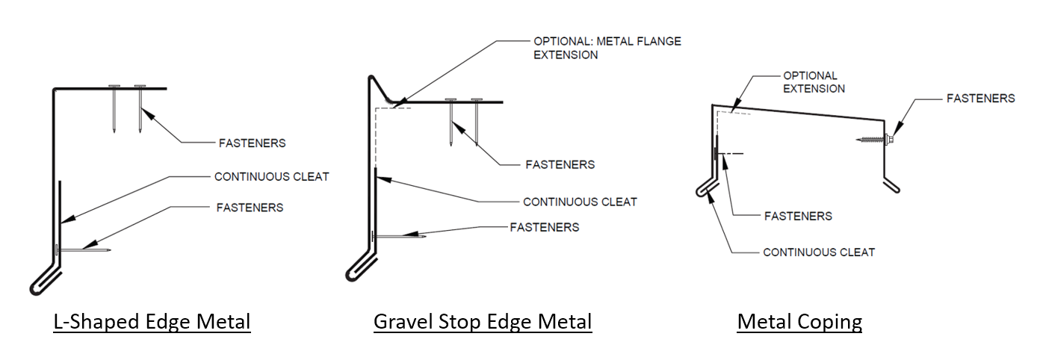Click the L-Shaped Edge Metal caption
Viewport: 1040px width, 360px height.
(x=152, y=322)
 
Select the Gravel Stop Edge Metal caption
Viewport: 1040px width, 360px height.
(x=483, y=322)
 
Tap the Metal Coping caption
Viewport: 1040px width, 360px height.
(x=799, y=322)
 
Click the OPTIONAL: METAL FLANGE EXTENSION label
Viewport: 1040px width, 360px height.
(x=607, y=48)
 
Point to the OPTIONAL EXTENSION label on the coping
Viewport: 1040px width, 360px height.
(x=814, y=82)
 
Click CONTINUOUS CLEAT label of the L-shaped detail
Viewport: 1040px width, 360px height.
(x=271, y=177)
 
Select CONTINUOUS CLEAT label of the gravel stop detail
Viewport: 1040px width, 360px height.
(x=580, y=202)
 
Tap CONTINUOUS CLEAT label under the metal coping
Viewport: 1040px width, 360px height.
(x=818, y=252)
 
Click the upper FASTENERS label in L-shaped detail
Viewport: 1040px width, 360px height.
(x=252, y=143)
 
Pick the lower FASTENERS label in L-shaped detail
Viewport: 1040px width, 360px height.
(x=250, y=208)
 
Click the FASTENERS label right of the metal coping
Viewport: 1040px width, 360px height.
(x=980, y=98)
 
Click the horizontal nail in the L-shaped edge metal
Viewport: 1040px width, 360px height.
(x=84, y=249)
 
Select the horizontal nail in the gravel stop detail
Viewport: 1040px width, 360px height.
(x=399, y=236)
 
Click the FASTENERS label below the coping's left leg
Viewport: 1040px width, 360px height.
(x=798, y=216)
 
